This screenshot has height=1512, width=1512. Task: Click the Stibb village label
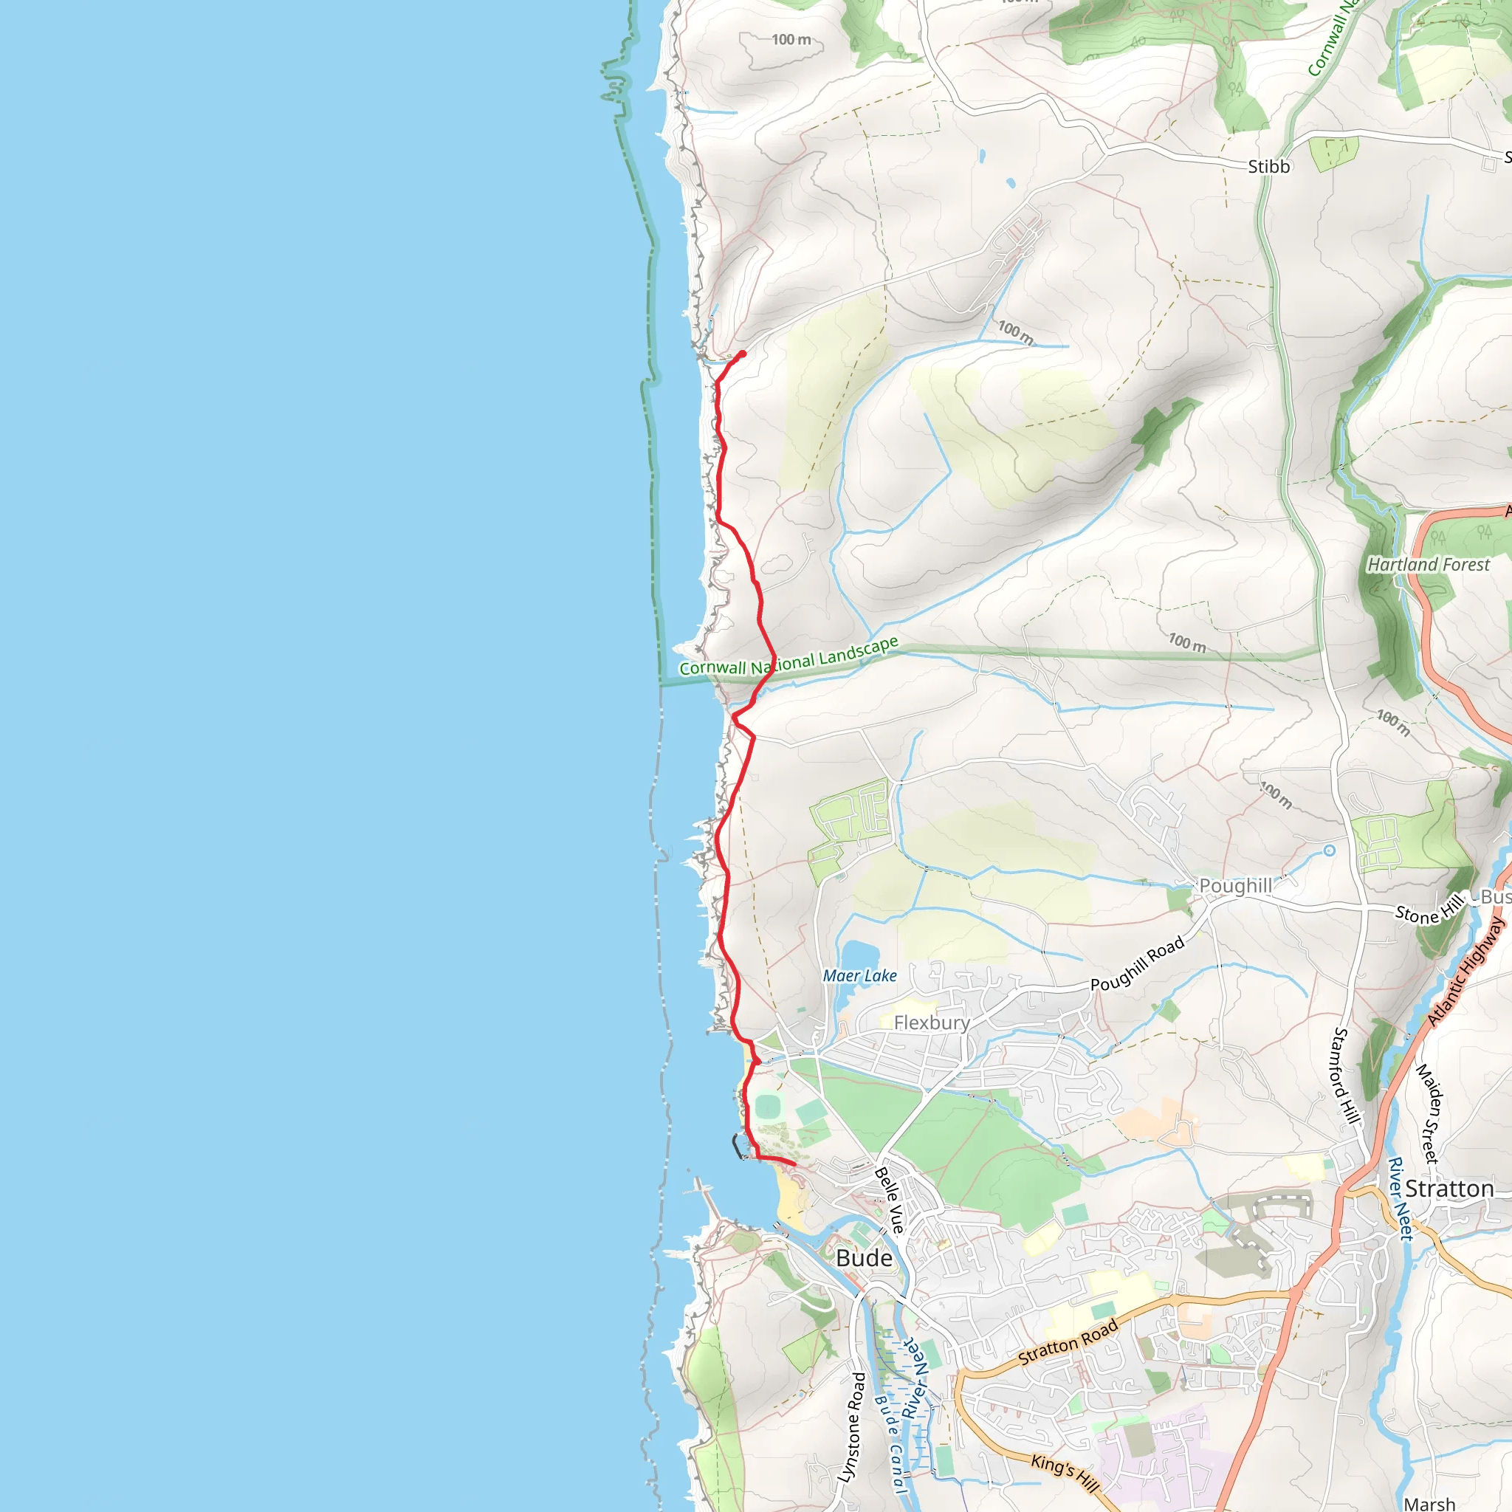coord(1268,167)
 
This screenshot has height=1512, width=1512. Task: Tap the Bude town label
coord(864,1257)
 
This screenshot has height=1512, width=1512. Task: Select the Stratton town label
coord(1449,1189)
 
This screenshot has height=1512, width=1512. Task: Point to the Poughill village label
coord(1236,885)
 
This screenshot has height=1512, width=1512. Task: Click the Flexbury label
coord(931,1022)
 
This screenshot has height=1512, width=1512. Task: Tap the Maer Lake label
coord(859,976)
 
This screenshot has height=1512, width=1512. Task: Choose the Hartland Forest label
coord(1429,564)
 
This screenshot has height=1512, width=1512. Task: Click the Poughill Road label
coord(1137,964)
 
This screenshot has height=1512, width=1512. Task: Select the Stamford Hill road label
coord(1344,1076)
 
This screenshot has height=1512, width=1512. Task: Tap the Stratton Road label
coord(1068,1343)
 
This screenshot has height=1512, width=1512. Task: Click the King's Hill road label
coord(1065,1471)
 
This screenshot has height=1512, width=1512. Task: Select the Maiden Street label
coord(1428,1113)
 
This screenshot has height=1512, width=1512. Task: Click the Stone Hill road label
coord(1429,909)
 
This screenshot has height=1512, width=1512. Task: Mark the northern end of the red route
coord(742,354)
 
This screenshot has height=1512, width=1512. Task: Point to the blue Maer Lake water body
coord(859,954)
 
